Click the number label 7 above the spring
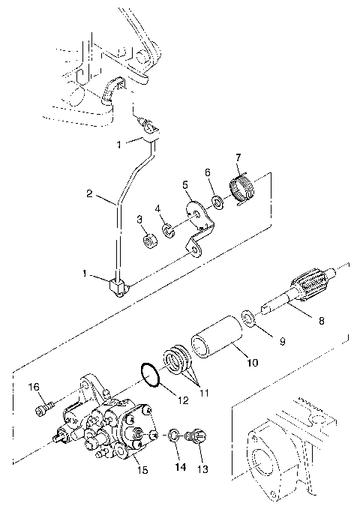(x=238, y=157)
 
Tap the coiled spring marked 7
(x=242, y=190)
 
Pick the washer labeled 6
(x=217, y=201)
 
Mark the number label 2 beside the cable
(x=88, y=193)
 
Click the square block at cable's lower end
(x=117, y=286)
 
